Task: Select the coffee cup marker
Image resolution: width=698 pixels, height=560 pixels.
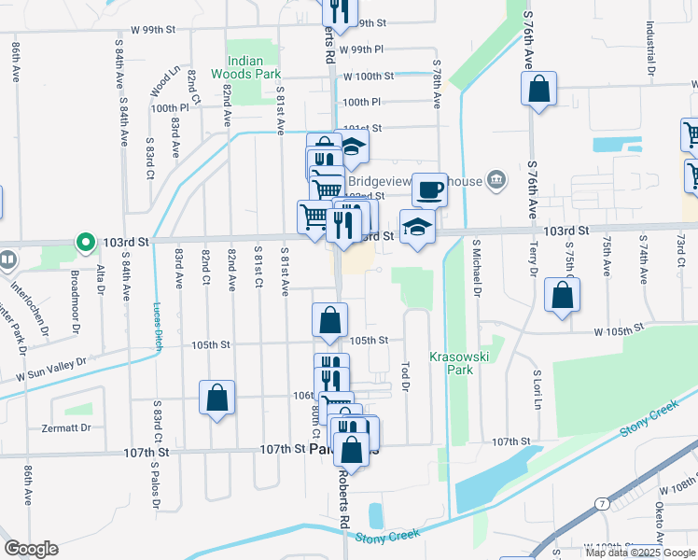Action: [x=429, y=190]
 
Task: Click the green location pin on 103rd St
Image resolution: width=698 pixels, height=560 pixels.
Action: [x=86, y=243]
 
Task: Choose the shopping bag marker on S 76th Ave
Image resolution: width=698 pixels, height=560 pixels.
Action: [x=539, y=90]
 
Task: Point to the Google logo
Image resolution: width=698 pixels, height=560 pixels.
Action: [x=31, y=549]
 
